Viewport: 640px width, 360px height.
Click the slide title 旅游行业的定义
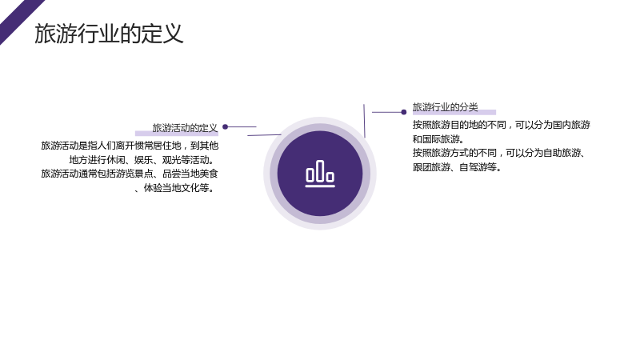click(109, 34)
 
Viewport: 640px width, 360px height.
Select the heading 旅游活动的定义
click(185, 128)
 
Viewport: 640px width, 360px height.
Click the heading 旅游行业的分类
click(445, 107)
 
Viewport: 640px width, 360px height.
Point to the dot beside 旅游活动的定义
click(225, 127)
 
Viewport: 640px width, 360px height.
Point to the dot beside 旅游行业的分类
click(404, 112)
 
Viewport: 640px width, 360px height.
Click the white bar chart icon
click(320, 174)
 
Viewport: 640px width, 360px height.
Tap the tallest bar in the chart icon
click(320, 171)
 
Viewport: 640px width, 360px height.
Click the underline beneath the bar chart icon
click(320, 186)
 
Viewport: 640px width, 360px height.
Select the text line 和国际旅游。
click(438, 138)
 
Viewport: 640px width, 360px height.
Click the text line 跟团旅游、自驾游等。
click(457, 167)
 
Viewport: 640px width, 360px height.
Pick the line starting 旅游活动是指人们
click(130, 146)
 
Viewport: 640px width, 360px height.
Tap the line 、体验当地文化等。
click(174, 188)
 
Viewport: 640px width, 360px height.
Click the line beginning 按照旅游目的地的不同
click(502, 125)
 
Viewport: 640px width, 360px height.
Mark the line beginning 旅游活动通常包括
click(130, 174)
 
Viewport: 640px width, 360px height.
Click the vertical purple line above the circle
click(364, 121)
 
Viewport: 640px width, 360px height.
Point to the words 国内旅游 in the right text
click(572, 125)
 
